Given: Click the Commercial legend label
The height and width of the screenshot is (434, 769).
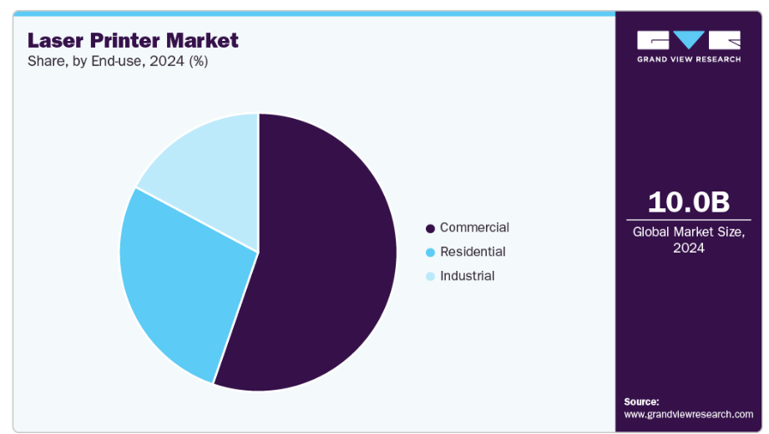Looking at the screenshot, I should (474, 227).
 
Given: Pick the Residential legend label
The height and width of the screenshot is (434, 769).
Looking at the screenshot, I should (473, 252).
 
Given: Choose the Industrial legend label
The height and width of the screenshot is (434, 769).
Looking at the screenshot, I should (467, 276).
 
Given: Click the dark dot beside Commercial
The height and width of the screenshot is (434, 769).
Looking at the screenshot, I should (430, 228).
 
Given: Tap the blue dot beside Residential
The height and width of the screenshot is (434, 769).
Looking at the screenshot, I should (430, 253).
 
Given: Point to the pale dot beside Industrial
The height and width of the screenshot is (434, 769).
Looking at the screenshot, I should (430, 277).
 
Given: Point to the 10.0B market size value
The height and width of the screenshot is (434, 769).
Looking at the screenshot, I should (689, 202).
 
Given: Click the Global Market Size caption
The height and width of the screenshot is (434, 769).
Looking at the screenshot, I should (689, 232).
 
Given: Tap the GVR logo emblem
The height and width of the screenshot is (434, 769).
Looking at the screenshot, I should (689, 40).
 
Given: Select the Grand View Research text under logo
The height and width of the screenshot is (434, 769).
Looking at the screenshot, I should (689, 59).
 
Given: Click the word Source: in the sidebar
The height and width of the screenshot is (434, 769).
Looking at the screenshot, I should (641, 401).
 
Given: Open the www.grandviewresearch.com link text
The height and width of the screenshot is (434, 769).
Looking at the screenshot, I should (689, 414).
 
